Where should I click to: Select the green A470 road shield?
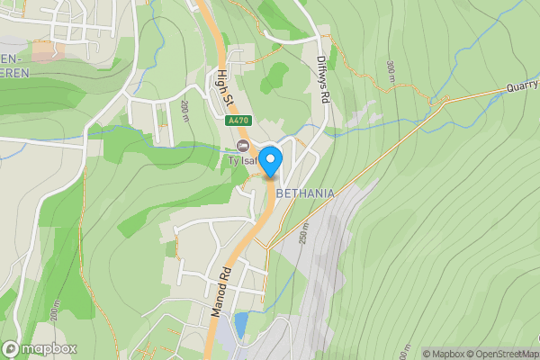(238, 121)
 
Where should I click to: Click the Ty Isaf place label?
(241, 161)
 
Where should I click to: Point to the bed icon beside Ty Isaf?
(241, 146)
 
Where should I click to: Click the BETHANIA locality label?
(305, 193)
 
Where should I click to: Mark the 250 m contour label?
(304, 233)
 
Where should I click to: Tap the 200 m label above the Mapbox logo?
(53, 311)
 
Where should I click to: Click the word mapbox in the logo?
(49, 348)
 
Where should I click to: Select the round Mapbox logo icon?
(11, 348)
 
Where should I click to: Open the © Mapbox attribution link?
(443, 354)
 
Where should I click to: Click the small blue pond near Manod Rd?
(240, 322)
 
